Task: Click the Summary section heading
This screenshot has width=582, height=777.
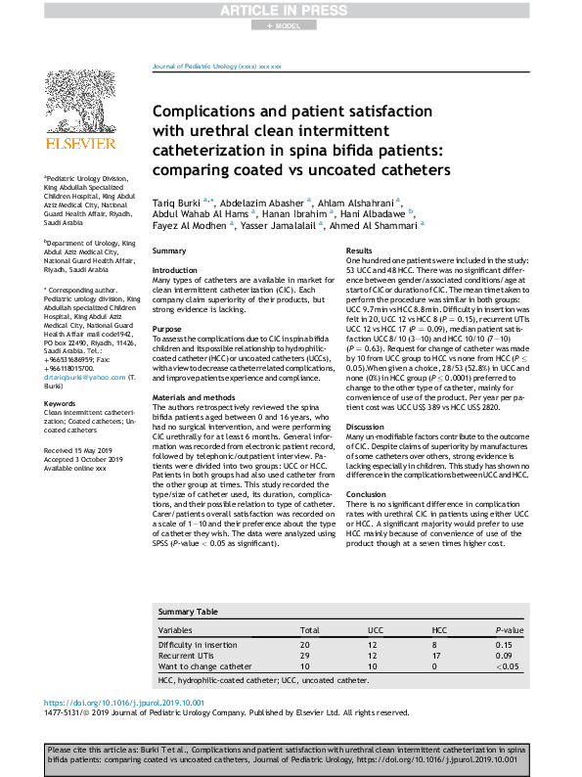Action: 169,251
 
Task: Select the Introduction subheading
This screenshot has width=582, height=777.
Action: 175,269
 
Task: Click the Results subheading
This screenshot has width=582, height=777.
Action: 360,251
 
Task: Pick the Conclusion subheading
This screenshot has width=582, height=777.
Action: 367,494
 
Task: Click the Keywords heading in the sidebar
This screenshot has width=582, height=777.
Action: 60,403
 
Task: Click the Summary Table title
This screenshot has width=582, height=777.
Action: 188,612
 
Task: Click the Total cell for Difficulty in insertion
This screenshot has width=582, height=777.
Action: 303,645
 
